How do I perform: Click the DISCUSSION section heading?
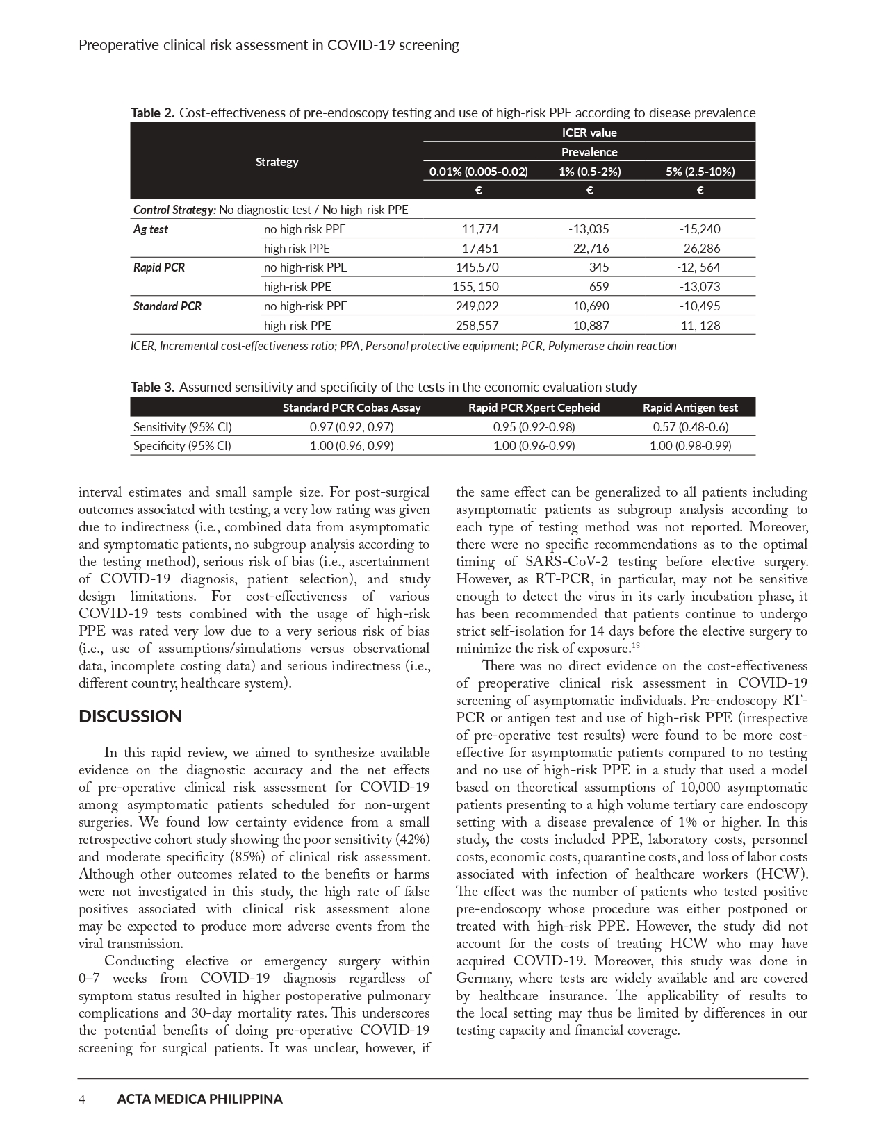click(130, 717)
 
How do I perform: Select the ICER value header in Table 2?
click(589, 133)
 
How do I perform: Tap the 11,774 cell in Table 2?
click(480, 229)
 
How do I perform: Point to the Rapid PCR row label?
click(159, 267)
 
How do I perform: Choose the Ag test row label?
click(151, 229)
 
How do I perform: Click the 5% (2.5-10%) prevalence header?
click(700, 172)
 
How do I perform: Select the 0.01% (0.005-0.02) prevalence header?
click(479, 172)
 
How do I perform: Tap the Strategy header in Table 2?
click(277, 162)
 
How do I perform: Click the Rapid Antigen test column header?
click(690, 408)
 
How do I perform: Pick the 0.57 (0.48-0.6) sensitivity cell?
click(690, 427)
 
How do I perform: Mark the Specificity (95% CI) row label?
click(182, 446)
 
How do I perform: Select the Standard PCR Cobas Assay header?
click(352, 408)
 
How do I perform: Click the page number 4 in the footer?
click(82, 1099)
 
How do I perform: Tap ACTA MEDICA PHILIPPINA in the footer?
click(200, 1099)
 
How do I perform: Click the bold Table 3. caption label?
click(153, 387)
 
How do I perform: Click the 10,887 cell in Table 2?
click(591, 326)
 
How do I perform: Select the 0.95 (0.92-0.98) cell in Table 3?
click(534, 427)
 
